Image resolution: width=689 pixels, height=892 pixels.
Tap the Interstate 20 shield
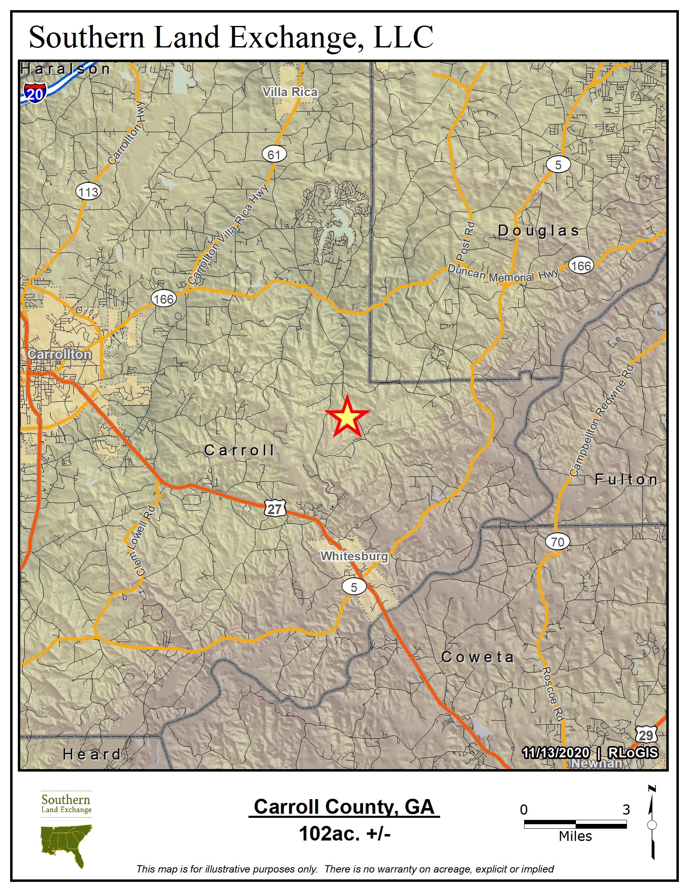tap(34, 94)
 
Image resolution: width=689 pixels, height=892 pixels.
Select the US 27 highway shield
tap(275, 508)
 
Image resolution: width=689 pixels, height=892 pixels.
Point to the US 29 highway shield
tap(645, 735)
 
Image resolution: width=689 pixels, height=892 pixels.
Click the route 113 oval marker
tap(88, 191)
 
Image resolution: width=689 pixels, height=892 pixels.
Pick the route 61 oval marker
tap(274, 154)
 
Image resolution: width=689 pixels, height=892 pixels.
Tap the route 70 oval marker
tap(557, 542)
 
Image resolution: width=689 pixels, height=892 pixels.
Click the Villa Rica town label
tap(290, 92)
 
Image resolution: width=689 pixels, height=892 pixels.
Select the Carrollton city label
tap(60, 354)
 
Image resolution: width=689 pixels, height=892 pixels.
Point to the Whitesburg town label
tap(354, 556)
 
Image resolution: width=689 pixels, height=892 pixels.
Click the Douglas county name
tap(538, 231)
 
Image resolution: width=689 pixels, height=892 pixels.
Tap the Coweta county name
tap(477, 657)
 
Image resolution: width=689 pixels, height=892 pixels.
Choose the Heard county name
tap(92, 754)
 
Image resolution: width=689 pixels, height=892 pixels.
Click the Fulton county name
tap(626, 480)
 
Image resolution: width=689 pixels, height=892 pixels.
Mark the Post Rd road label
tap(466, 241)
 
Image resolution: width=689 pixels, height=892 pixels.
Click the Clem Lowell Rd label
tap(140, 540)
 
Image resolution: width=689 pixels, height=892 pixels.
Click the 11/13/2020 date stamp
tap(556, 752)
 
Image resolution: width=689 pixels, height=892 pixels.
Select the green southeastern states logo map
tap(66, 844)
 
